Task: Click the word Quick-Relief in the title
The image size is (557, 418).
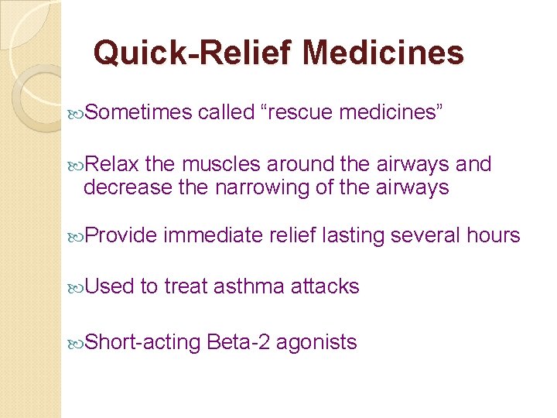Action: click(193, 53)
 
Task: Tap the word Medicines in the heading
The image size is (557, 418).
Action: click(384, 53)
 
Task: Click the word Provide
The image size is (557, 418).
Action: click(120, 235)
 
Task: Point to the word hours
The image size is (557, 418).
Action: click(493, 235)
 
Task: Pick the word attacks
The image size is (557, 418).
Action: click(325, 286)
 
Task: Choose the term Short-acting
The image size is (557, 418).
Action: click(142, 341)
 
